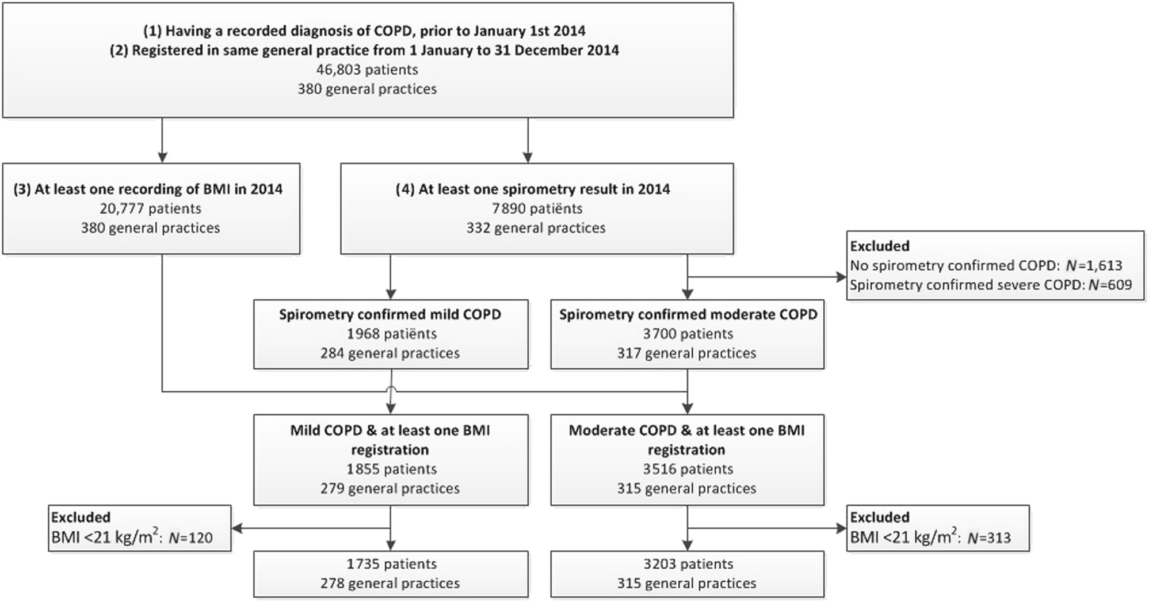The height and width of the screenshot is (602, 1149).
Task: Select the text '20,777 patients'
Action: tap(150, 208)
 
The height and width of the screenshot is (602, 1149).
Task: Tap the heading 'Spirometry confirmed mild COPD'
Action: tap(390, 314)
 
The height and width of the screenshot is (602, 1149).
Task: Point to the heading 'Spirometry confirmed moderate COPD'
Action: tap(688, 314)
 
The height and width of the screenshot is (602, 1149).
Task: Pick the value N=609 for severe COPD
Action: tap(1110, 285)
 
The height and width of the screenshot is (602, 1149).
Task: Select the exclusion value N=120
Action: tap(190, 538)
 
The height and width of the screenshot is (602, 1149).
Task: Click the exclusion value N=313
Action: tap(989, 538)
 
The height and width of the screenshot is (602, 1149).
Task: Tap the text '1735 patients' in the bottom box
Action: tap(391, 564)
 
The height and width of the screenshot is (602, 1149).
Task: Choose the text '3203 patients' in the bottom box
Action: tap(688, 564)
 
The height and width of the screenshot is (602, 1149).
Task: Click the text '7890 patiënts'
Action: tap(537, 208)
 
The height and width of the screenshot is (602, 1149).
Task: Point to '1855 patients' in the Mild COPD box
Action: tap(391, 469)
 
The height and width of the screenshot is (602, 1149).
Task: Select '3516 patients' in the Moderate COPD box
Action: tap(688, 469)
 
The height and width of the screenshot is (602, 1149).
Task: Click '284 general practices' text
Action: tap(390, 353)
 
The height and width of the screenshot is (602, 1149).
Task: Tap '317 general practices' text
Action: tap(687, 353)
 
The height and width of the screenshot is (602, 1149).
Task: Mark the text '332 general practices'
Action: tap(536, 228)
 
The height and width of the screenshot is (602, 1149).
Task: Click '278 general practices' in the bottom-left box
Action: tap(390, 583)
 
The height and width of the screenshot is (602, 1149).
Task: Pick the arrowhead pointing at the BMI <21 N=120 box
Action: tap(236, 528)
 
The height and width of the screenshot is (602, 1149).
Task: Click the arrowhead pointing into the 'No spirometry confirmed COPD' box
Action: tap(841, 277)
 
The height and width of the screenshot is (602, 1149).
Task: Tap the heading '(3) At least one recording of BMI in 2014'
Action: tap(148, 189)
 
